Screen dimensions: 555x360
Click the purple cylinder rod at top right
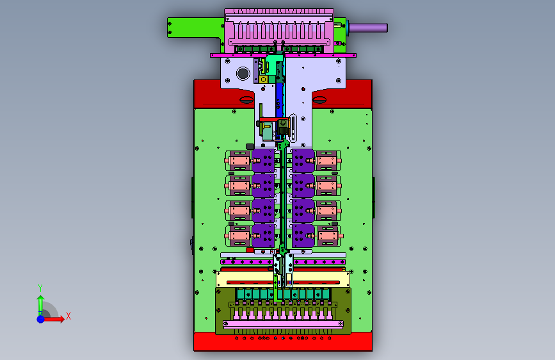point(369,28)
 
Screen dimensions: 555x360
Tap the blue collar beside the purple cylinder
point(348,28)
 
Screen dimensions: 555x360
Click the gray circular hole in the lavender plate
point(243,74)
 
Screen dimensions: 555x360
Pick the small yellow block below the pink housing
point(263,79)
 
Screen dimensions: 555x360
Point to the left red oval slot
point(246,100)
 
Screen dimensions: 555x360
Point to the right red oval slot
point(319,100)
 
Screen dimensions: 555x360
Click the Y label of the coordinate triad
point(40,288)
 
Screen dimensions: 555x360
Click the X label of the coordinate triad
point(68,316)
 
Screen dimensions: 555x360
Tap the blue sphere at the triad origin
point(41,319)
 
